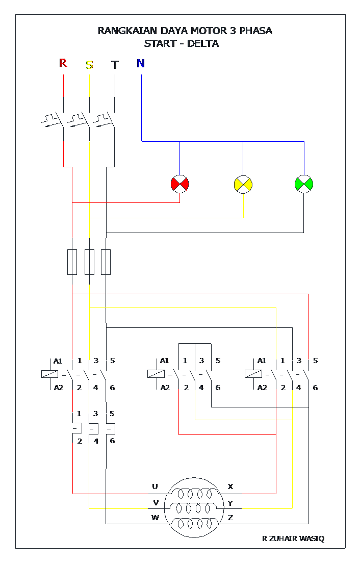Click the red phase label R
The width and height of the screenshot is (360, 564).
point(63,63)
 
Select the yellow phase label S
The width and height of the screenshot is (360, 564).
point(89,65)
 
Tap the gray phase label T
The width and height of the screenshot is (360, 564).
point(115,65)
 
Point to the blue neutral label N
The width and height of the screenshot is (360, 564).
point(141,63)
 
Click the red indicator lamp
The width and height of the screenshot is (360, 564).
point(179,184)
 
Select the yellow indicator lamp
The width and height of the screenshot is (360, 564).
point(243,184)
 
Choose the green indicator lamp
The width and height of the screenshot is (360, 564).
point(304,184)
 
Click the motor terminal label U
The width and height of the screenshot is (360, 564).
point(155,486)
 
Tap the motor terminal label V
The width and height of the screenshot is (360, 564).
point(156,502)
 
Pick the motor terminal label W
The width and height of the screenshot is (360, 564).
point(156,518)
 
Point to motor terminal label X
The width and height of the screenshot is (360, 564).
point(230,486)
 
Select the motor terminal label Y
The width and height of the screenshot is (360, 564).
point(230,503)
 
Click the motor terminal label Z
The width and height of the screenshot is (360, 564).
point(230,518)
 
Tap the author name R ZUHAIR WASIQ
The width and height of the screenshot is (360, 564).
point(293,539)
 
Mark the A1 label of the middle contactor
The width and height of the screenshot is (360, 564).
point(164,361)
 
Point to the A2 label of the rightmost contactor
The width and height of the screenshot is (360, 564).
point(262,388)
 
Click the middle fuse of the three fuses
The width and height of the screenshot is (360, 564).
point(89,262)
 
